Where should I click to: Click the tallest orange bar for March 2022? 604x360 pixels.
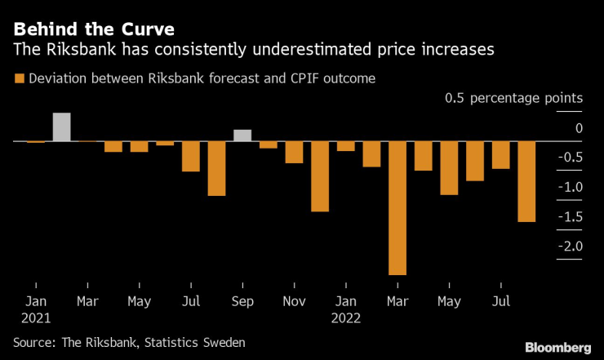pos(397,208)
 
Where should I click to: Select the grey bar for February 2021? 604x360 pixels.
pos(62,127)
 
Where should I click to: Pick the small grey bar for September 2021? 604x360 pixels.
pos(242,136)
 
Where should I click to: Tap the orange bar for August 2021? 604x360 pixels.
pos(216,169)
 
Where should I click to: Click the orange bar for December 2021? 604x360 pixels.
pos(320,176)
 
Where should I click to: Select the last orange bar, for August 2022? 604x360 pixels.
pos(526,181)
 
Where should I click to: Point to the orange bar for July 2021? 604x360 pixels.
pos(191,157)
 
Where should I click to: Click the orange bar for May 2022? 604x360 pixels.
pos(449,168)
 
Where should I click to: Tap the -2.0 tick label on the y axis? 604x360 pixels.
pos(569,247)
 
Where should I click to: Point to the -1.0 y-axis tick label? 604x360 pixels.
pos(569,187)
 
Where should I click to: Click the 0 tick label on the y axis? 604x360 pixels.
pos(579,128)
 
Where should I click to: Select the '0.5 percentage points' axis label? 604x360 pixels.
pos(513,98)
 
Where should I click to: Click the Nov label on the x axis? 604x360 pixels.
pos(294,301)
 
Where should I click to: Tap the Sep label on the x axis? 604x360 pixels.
pos(242,301)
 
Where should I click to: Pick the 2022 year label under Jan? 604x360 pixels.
pos(346,318)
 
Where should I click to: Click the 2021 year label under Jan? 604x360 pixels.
pos(36,318)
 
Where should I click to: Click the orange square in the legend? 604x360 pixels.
pos(18,79)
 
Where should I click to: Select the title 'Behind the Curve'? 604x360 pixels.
pos(93,29)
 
